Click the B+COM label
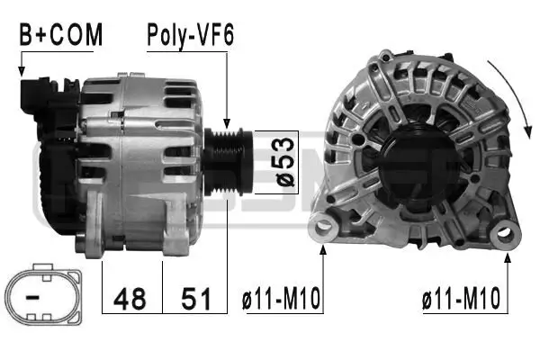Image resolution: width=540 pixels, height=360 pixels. [x=61, y=35]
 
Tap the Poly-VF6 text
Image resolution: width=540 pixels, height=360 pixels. [x=191, y=35]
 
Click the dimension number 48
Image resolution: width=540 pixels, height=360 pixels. [x=132, y=297]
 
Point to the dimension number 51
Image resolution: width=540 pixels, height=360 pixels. [x=193, y=297]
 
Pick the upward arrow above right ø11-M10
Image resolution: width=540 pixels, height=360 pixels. [x=508, y=270]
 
